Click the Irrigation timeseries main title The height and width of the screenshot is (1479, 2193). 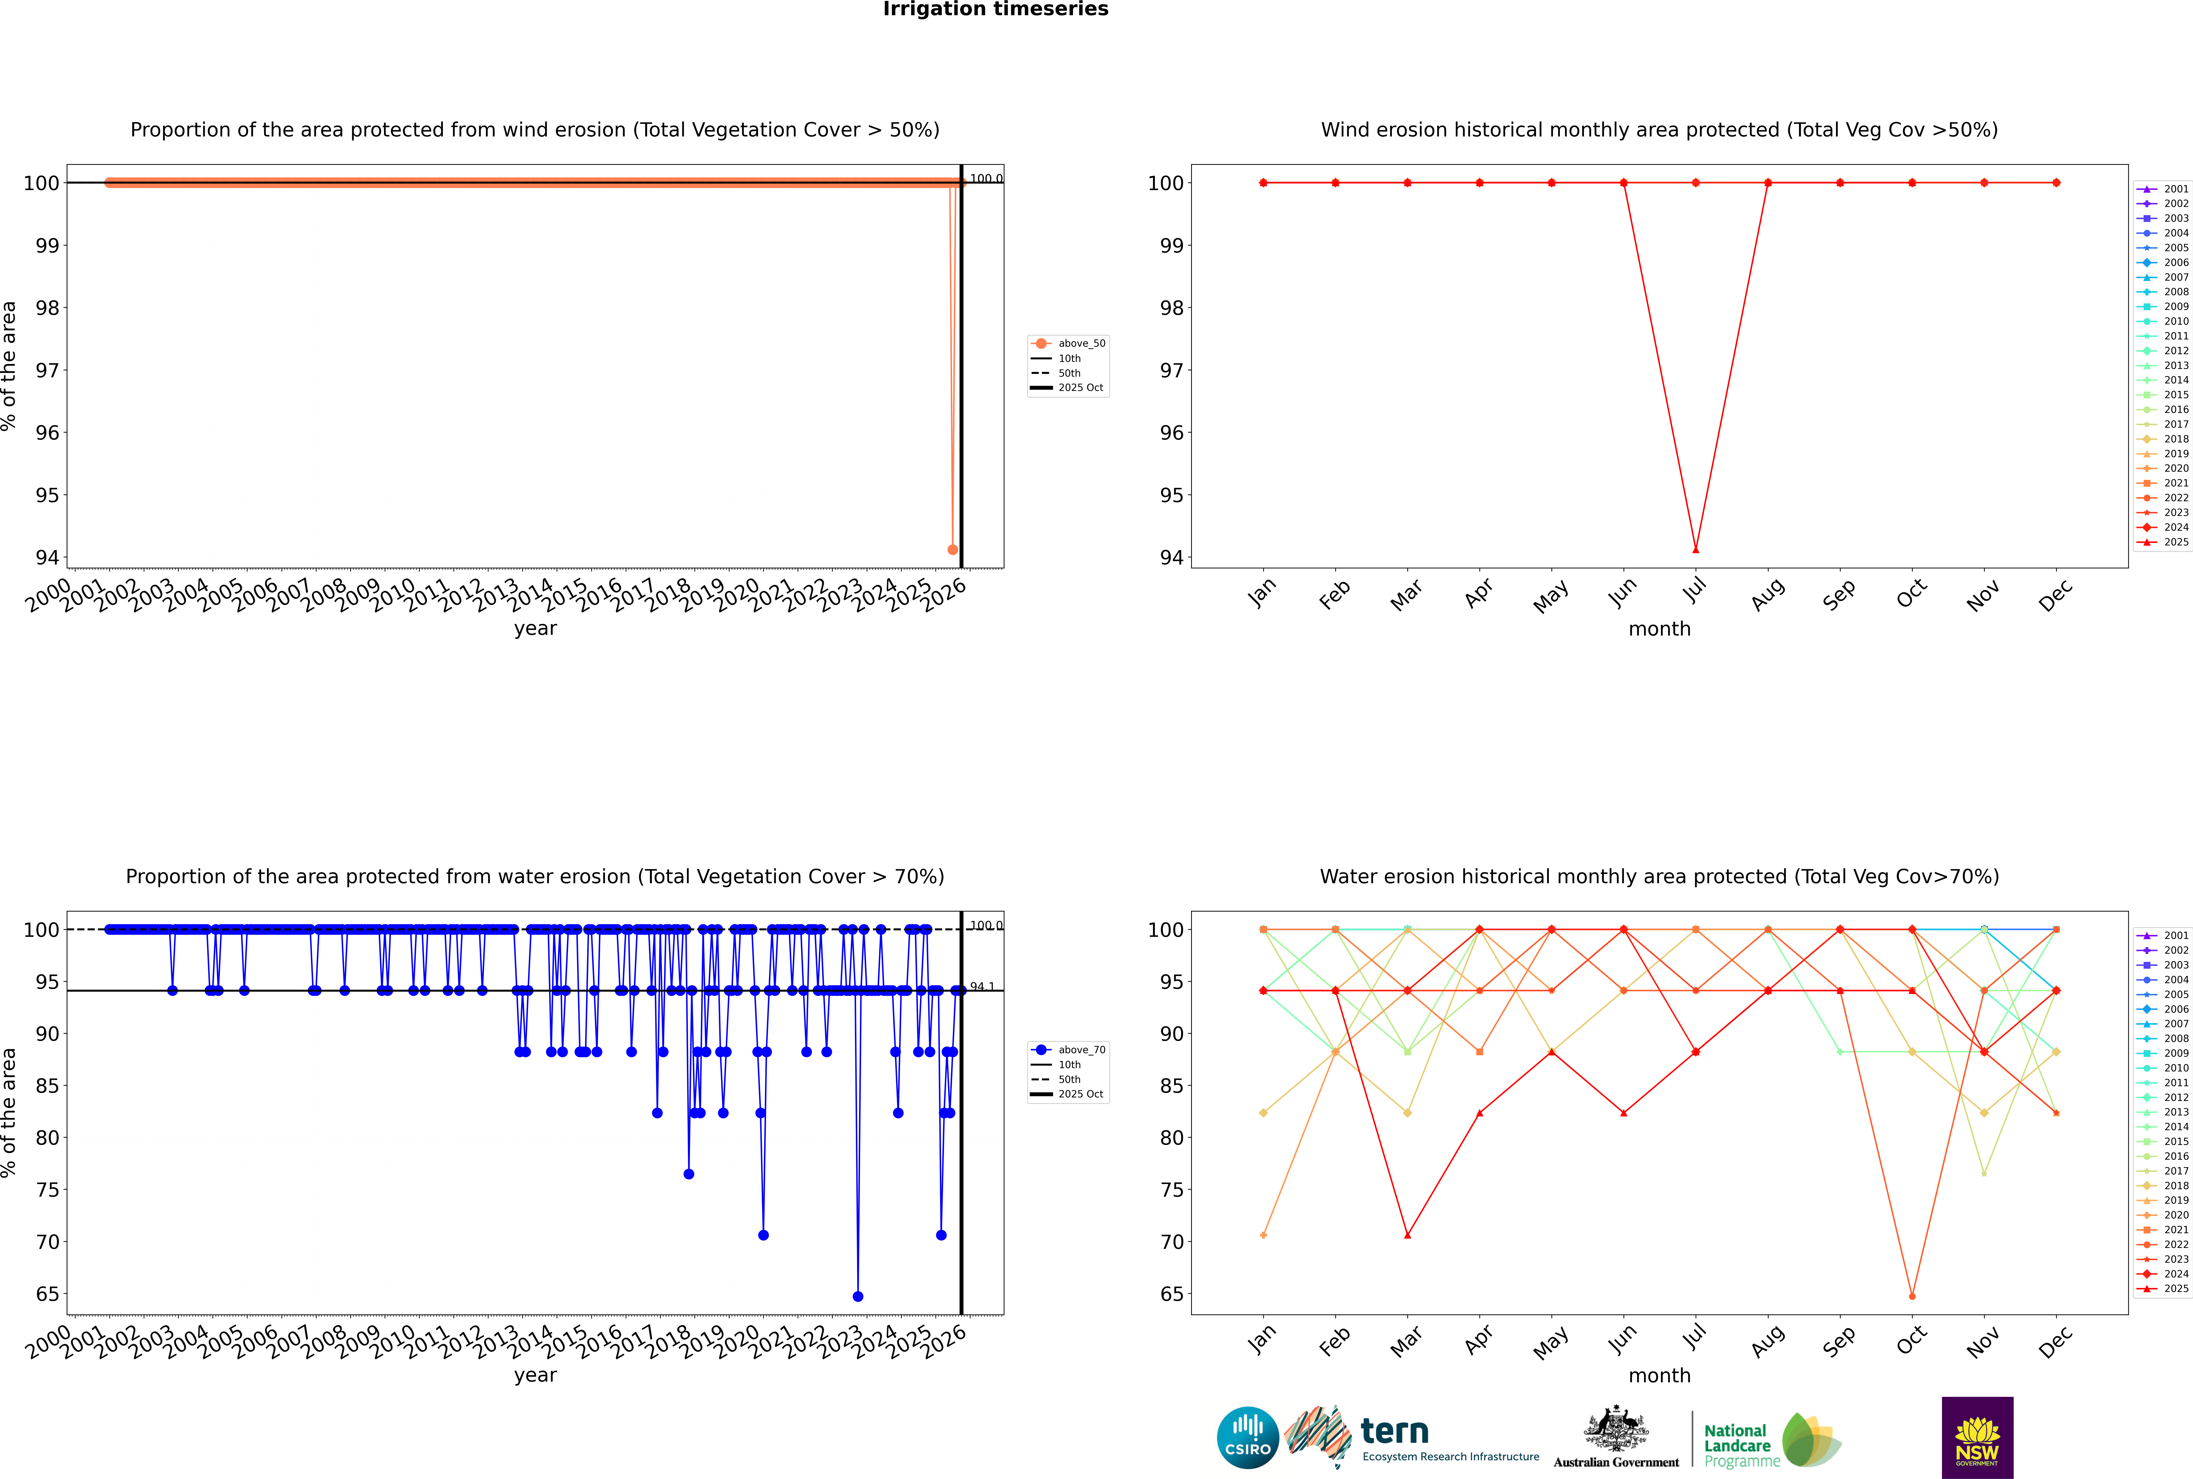[996, 9]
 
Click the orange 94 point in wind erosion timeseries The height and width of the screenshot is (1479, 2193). [952, 549]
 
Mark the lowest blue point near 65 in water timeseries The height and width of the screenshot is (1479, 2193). [857, 1296]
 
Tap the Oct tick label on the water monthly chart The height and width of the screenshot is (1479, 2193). [1910, 1339]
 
